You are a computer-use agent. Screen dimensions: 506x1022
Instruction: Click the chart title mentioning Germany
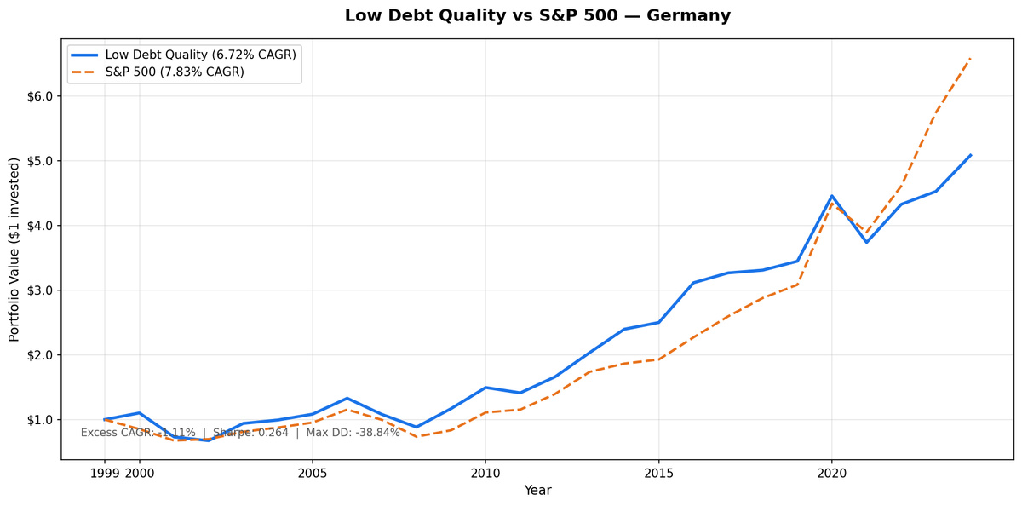tap(537, 16)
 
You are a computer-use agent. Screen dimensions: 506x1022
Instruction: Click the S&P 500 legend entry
tap(175, 72)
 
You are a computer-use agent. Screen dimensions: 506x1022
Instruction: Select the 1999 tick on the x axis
tap(105, 473)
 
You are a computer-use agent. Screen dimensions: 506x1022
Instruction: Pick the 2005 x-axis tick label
tap(313, 473)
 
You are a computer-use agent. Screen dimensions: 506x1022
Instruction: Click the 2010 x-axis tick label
tap(485, 473)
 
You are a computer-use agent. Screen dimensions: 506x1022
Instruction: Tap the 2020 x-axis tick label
tap(832, 473)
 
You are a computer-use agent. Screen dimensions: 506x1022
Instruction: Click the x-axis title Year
tap(537, 491)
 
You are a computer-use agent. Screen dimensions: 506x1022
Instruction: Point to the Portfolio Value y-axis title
tap(14, 249)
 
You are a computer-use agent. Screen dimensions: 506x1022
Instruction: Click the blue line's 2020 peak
tap(832, 196)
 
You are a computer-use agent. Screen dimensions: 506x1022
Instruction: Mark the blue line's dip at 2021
tap(867, 242)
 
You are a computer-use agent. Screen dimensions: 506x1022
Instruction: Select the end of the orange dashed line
tap(970, 58)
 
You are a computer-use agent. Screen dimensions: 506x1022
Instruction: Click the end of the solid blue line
tap(970, 155)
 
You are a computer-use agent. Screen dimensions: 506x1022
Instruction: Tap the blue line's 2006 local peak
tap(347, 398)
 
